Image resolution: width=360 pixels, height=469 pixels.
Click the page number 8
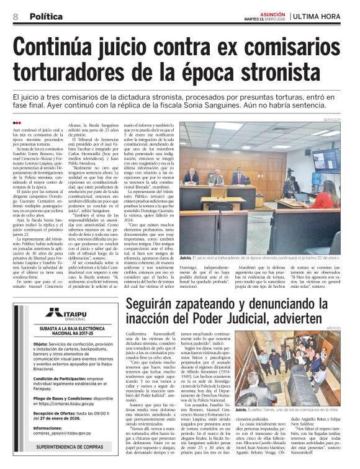point(15,17)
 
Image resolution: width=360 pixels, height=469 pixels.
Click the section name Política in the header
point(45,17)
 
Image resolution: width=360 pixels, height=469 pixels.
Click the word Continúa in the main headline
point(68,48)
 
